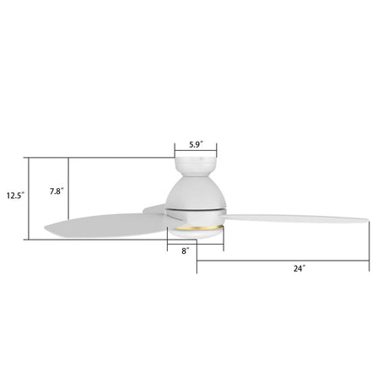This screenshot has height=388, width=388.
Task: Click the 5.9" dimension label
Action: (x=197, y=143)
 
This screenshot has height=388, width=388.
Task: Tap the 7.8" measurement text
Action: (x=56, y=191)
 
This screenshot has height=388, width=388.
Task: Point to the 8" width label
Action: (x=185, y=251)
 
